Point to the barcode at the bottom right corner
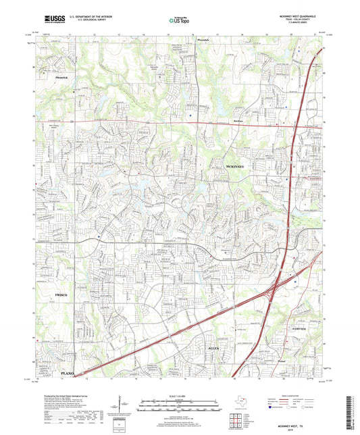tap(352, 413)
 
